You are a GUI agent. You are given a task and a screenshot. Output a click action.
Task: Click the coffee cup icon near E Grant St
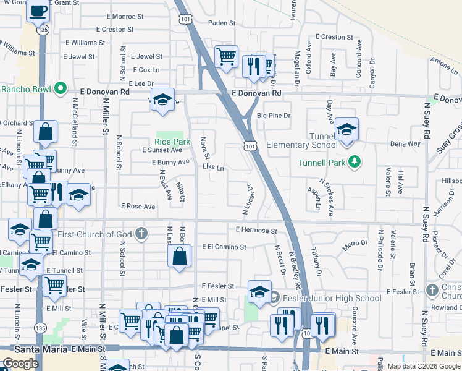coord(38,11)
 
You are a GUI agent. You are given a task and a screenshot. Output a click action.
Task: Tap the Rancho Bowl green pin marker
coord(61,88)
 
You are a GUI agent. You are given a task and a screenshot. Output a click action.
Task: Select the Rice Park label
coord(172,142)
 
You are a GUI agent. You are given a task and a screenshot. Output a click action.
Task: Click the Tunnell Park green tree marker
coord(354,162)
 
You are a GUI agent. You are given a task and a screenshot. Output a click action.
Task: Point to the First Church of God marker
coord(141,234)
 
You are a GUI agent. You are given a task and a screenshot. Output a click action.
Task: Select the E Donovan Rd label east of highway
coord(257,93)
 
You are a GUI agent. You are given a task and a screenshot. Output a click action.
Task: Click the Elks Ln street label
coord(211,168)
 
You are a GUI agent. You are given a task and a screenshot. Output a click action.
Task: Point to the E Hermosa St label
coord(256,231)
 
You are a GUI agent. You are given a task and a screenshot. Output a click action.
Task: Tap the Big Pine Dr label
coord(273,116)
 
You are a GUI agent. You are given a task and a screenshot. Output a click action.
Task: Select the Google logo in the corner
coord(20,364)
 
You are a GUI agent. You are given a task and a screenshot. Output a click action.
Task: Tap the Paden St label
coord(223,23)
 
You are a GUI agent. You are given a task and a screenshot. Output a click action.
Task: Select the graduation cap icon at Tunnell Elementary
coord(346,130)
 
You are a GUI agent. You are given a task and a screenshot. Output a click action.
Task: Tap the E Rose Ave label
coord(138,206)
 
